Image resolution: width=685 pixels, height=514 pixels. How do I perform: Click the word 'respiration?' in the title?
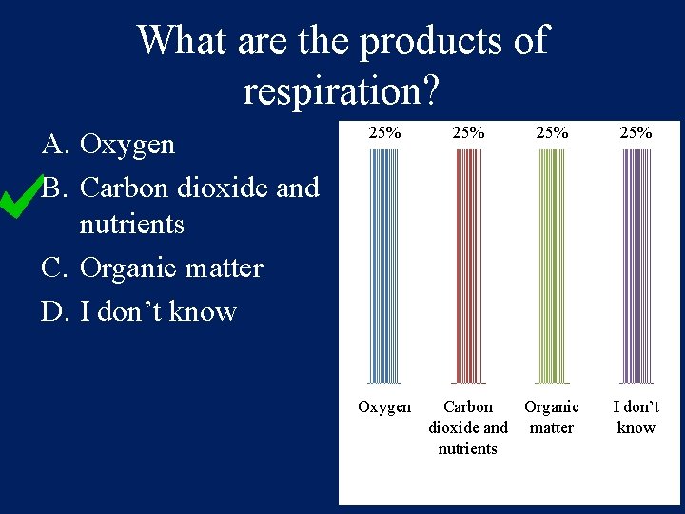(341, 90)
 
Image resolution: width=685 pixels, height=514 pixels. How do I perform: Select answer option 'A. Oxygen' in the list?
(108, 145)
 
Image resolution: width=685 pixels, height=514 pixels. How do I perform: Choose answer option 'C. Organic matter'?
(152, 268)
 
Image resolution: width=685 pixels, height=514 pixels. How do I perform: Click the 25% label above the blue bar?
(384, 133)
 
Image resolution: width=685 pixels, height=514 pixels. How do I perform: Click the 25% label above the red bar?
(467, 133)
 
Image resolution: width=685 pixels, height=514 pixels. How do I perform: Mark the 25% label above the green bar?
(551, 133)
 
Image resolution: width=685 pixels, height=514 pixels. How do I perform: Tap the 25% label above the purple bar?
(636, 133)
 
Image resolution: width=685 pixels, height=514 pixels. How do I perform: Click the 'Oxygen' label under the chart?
(384, 407)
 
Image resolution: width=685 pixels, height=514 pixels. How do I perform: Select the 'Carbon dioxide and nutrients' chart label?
(467, 427)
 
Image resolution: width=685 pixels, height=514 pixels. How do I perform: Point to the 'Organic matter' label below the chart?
(551, 417)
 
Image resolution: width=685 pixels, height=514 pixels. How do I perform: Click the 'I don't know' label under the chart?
(636, 417)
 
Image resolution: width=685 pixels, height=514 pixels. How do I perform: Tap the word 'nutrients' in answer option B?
(132, 226)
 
